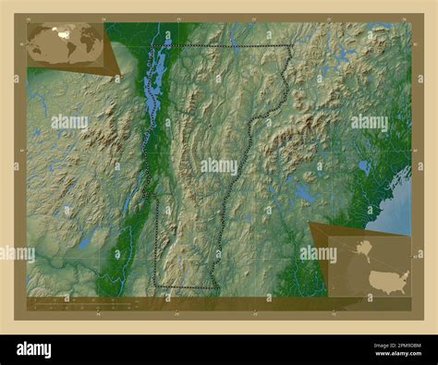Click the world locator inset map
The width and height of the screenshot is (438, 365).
tap(65, 44)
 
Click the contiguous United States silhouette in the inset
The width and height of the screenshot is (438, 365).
tap(387, 279)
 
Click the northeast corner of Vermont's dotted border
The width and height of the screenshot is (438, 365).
tap(292, 46)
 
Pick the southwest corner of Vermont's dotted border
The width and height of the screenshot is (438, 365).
tap(156, 287)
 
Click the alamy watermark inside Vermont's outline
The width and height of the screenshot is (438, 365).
tap(218, 166)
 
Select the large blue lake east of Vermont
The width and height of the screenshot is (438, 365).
tap(304, 192)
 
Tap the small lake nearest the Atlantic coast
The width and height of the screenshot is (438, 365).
tap(364, 167)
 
